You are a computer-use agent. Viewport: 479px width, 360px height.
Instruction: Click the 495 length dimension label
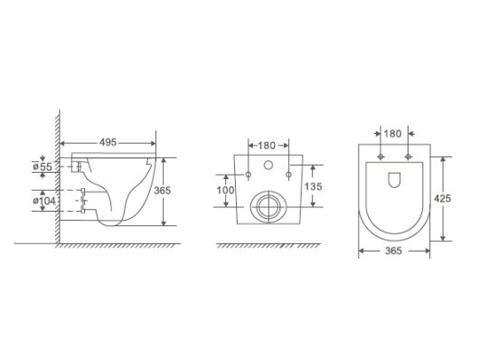[108, 142]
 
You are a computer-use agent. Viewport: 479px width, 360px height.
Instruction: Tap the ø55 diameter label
[42, 166]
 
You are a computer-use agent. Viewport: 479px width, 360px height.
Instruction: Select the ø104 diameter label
[44, 201]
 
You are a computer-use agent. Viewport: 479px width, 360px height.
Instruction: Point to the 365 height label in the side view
[162, 191]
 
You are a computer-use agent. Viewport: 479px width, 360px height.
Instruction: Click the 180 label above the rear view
[267, 146]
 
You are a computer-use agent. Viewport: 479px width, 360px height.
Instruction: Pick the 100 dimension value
[225, 190]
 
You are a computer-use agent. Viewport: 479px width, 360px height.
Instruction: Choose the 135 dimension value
[313, 186]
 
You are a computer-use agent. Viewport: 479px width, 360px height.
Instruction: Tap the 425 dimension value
[442, 198]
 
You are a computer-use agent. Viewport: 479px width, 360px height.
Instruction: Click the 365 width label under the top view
[393, 251]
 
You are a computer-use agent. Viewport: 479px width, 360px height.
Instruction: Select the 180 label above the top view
[392, 134]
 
